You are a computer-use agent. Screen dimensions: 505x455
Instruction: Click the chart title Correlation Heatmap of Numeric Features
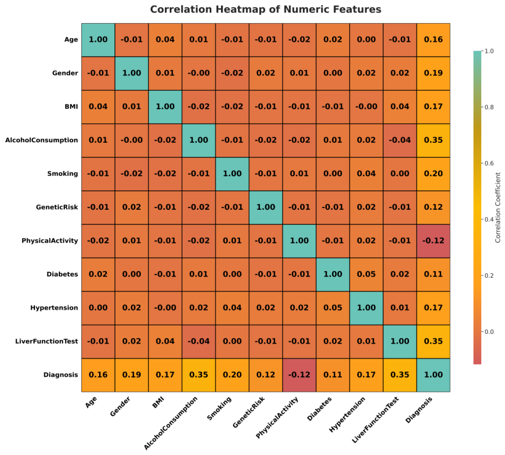click(266, 9)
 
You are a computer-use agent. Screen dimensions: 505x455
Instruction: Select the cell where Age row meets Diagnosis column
click(433, 40)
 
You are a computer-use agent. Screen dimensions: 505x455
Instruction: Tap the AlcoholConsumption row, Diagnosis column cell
click(433, 140)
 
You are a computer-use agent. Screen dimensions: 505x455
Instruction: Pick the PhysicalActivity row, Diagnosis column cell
click(433, 241)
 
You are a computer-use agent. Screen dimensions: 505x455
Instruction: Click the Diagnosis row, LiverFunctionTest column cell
click(400, 375)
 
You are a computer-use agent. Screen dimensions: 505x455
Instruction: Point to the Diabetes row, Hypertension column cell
click(366, 274)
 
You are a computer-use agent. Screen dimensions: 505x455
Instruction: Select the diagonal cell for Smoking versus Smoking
click(232, 174)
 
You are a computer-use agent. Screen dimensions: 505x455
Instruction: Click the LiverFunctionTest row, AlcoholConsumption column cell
click(199, 341)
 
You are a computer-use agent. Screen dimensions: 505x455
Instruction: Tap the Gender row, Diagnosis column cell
click(433, 73)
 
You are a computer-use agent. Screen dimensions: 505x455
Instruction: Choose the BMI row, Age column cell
click(98, 107)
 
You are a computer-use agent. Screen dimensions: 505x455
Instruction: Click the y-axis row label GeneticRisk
click(57, 207)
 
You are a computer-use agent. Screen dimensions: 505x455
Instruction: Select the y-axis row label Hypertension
click(54, 308)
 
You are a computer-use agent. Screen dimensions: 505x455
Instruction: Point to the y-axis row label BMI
click(71, 107)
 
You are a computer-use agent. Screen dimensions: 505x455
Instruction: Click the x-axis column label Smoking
click(219, 408)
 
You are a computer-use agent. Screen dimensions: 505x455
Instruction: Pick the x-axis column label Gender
click(120, 406)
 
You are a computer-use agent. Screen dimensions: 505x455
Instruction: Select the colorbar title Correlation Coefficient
click(498, 208)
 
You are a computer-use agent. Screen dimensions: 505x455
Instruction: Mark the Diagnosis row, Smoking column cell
click(232, 375)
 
